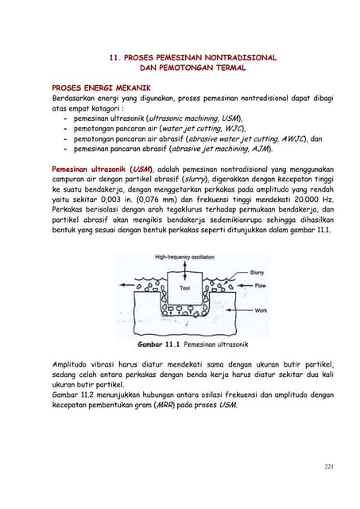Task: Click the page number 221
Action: pos(327,466)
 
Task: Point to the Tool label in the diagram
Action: pos(184,288)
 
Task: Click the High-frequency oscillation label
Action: pos(185,256)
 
